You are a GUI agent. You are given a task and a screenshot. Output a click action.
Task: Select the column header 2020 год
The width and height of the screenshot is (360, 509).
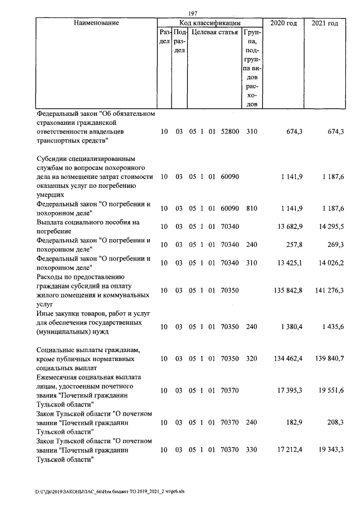pyautogui.click(x=283, y=23)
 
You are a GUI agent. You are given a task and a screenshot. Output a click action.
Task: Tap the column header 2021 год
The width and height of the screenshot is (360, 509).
pyautogui.click(x=325, y=23)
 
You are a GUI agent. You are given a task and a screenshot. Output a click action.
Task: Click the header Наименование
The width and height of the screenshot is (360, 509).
pyautogui.click(x=96, y=23)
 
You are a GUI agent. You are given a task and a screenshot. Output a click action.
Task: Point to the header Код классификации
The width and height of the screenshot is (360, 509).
pyautogui.click(x=210, y=23)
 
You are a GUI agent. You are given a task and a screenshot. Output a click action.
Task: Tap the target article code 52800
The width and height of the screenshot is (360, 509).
pyautogui.click(x=230, y=132)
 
